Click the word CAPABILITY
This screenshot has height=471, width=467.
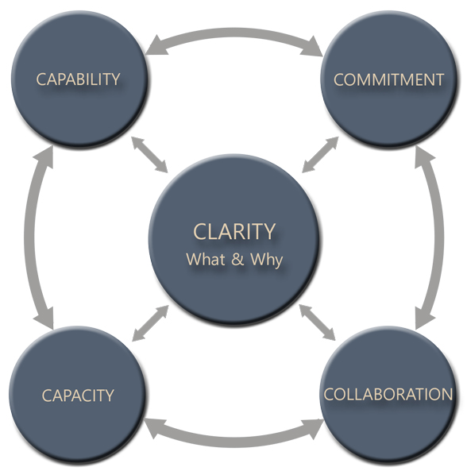(x=78, y=79)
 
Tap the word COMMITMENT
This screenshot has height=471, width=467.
(x=388, y=79)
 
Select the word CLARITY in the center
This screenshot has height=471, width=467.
(x=234, y=231)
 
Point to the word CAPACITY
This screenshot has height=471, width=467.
(x=78, y=395)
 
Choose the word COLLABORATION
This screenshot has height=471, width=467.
(x=388, y=394)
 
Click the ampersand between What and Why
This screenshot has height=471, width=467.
(x=237, y=260)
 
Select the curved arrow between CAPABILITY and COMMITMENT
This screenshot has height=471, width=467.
(x=234, y=34)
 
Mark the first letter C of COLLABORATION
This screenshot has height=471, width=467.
(x=329, y=394)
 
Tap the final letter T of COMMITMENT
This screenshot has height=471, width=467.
(x=439, y=79)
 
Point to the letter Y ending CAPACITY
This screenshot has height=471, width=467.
(x=110, y=395)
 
